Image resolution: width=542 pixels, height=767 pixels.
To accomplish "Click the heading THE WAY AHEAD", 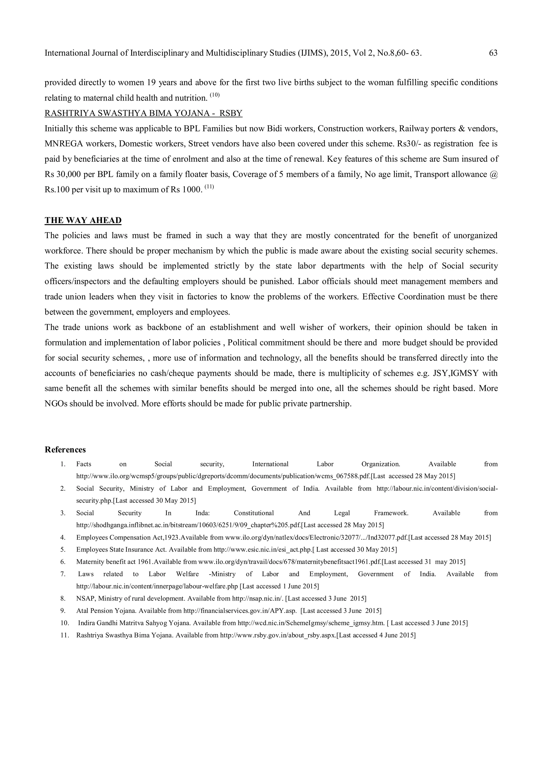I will tap(83, 220).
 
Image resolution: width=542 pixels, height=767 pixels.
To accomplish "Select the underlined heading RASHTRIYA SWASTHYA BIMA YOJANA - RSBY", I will tap(144, 113).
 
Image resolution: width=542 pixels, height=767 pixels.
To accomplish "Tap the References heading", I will tap(65, 450).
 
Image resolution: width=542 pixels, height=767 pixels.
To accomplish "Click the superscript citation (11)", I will tap(209, 187).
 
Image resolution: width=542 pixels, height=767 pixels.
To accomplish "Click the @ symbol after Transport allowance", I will tap(494, 174).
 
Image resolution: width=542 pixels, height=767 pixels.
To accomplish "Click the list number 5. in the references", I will tap(63, 549).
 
